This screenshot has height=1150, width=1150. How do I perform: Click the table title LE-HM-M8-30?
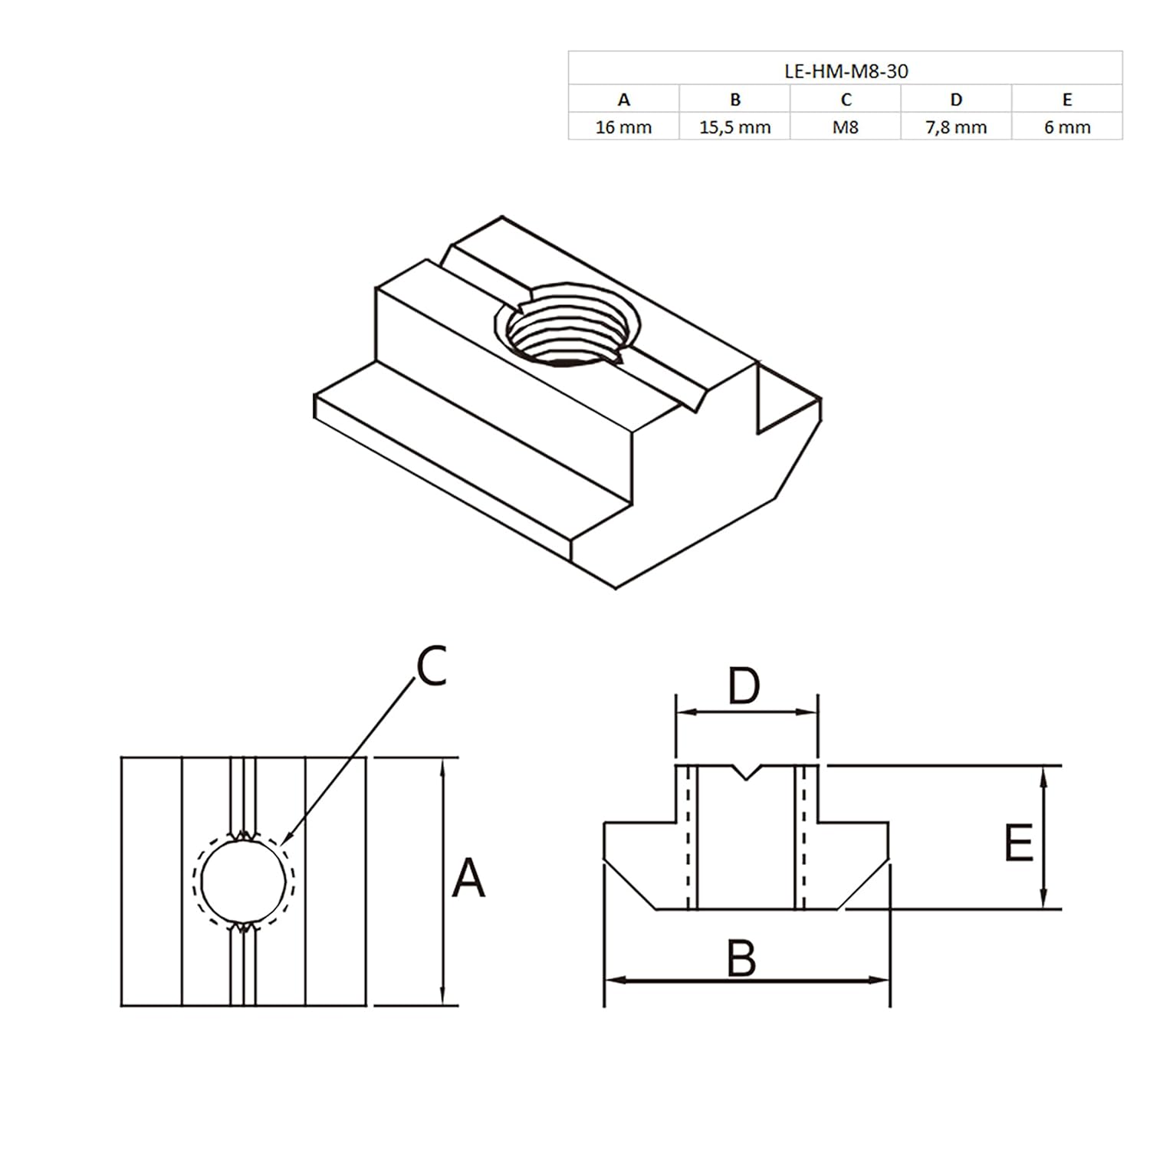point(846,71)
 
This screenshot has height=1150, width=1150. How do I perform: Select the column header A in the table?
point(624,100)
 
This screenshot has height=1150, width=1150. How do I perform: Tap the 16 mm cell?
point(623,127)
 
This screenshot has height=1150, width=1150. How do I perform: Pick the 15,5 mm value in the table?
point(734,127)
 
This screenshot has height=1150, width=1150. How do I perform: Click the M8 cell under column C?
point(846,127)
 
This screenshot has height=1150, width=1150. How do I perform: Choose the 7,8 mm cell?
point(956,127)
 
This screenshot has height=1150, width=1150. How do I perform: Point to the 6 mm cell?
point(1067,127)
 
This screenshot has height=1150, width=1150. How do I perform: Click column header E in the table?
point(1067,100)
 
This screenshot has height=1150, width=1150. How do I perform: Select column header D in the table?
point(956,100)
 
